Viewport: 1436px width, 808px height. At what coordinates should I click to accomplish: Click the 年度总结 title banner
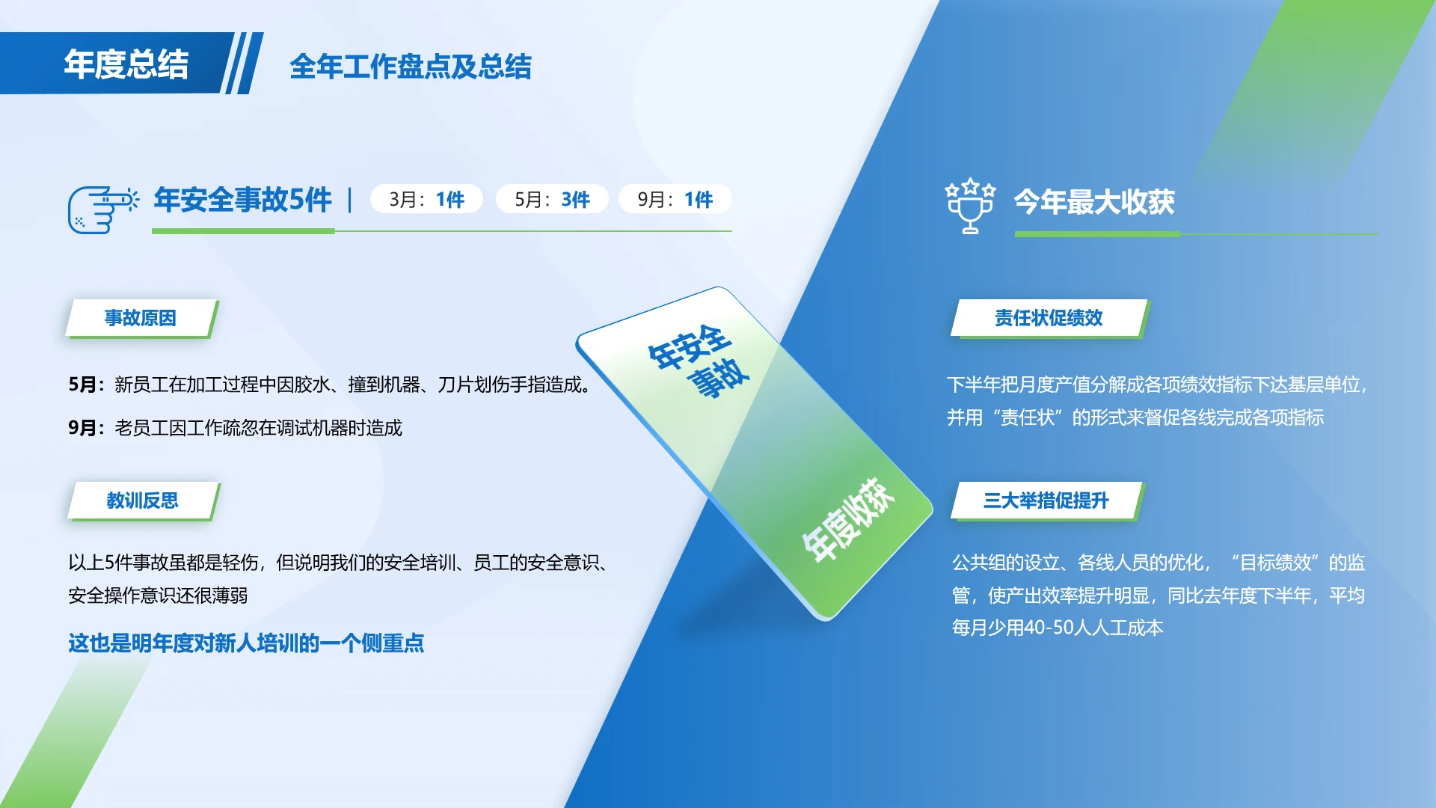tap(126, 64)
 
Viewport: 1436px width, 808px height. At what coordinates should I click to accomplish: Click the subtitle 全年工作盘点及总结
tap(410, 67)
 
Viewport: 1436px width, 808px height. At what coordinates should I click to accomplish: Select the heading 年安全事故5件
tap(242, 200)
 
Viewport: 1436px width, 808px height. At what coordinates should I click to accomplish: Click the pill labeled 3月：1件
tap(426, 200)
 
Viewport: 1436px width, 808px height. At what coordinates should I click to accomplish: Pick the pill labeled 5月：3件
tap(552, 200)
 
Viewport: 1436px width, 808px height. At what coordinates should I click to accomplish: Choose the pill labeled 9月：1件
tap(675, 200)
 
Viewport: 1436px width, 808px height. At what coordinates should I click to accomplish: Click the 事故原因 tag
tap(141, 318)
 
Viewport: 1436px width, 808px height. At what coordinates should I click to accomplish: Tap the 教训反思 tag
tap(142, 501)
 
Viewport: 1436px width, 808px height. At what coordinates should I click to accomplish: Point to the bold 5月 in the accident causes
tap(82, 385)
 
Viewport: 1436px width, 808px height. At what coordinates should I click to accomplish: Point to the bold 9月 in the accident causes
tap(82, 428)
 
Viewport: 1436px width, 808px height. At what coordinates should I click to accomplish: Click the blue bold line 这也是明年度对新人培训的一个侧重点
tap(246, 643)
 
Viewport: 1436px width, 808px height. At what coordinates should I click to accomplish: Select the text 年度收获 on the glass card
tap(848, 519)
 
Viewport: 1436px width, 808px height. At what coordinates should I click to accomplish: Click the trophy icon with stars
tap(970, 206)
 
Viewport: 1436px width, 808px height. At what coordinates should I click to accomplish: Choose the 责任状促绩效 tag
tap(1049, 318)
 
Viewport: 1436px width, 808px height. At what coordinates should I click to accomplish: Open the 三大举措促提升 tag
tap(1046, 501)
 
